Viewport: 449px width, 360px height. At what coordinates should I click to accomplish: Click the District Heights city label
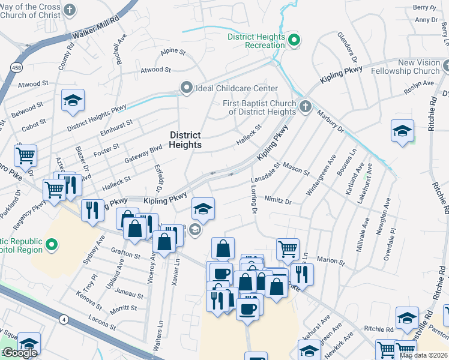coord(185,140)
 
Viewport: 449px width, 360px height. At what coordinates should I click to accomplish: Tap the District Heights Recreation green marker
coord(294,41)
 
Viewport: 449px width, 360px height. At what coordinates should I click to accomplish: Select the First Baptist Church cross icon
coord(306,107)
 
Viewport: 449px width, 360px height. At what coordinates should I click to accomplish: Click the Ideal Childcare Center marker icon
coord(187,88)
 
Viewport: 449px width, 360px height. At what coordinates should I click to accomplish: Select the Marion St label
coord(330,260)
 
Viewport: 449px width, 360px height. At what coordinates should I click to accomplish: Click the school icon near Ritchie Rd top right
coord(402,131)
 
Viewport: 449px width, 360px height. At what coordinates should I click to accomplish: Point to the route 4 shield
coord(63,319)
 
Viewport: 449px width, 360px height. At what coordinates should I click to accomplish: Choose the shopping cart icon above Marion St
coord(288,248)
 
